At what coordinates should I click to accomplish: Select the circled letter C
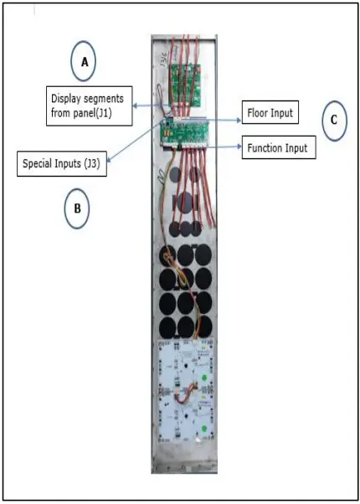[x=333, y=121]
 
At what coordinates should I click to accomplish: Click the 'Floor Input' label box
[x=271, y=111]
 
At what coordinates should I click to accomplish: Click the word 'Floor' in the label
[x=258, y=111]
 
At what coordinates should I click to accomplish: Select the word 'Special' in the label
[x=39, y=163]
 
